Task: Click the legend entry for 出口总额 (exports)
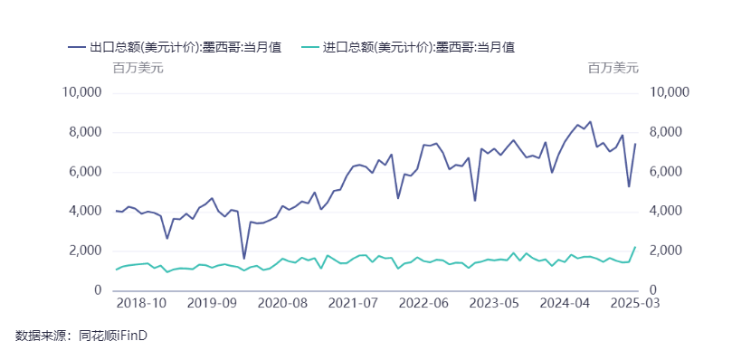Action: pyautogui.click(x=174, y=47)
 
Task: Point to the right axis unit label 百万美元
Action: pyautogui.click(x=613, y=68)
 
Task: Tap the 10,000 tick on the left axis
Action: pyautogui.click(x=82, y=92)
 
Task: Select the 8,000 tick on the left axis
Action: pyautogui.click(x=86, y=132)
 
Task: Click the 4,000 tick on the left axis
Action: pyautogui.click(x=86, y=211)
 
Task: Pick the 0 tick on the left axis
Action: pyautogui.click(x=99, y=289)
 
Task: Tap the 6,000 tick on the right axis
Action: pyautogui.click(x=664, y=172)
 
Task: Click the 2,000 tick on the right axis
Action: pyautogui.click(x=664, y=251)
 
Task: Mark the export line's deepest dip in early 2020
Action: pyautogui.click(x=243, y=259)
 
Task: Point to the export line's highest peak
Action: pyautogui.click(x=590, y=121)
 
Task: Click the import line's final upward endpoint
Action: pyautogui.click(x=635, y=246)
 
